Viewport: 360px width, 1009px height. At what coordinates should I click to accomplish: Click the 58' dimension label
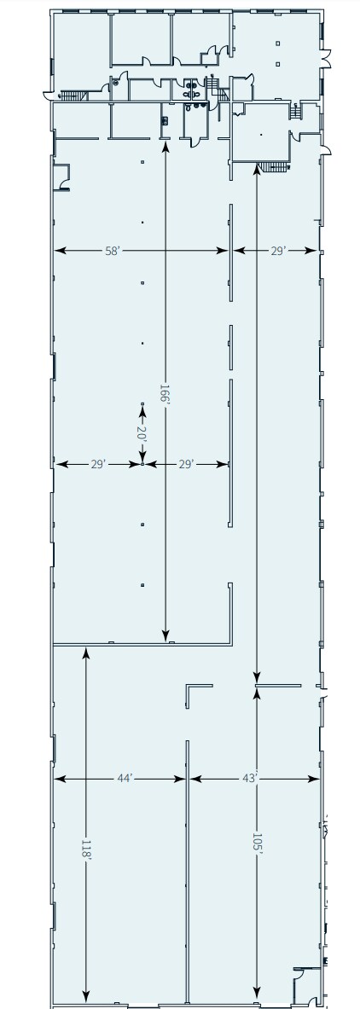tap(111, 251)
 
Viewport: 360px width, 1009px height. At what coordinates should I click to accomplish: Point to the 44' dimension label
tap(124, 778)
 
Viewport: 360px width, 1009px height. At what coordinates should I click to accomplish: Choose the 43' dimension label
tap(250, 778)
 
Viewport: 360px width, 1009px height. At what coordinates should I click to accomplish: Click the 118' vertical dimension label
tap(85, 849)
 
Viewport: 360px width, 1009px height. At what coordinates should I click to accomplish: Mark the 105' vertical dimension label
tap(257, 842)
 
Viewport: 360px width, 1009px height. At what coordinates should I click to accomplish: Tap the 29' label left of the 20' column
tap(98, 464)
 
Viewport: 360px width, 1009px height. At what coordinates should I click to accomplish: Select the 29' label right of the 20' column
tap(187, 464)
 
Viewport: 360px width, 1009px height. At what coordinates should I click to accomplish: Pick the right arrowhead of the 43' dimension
tap(315, 778)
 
